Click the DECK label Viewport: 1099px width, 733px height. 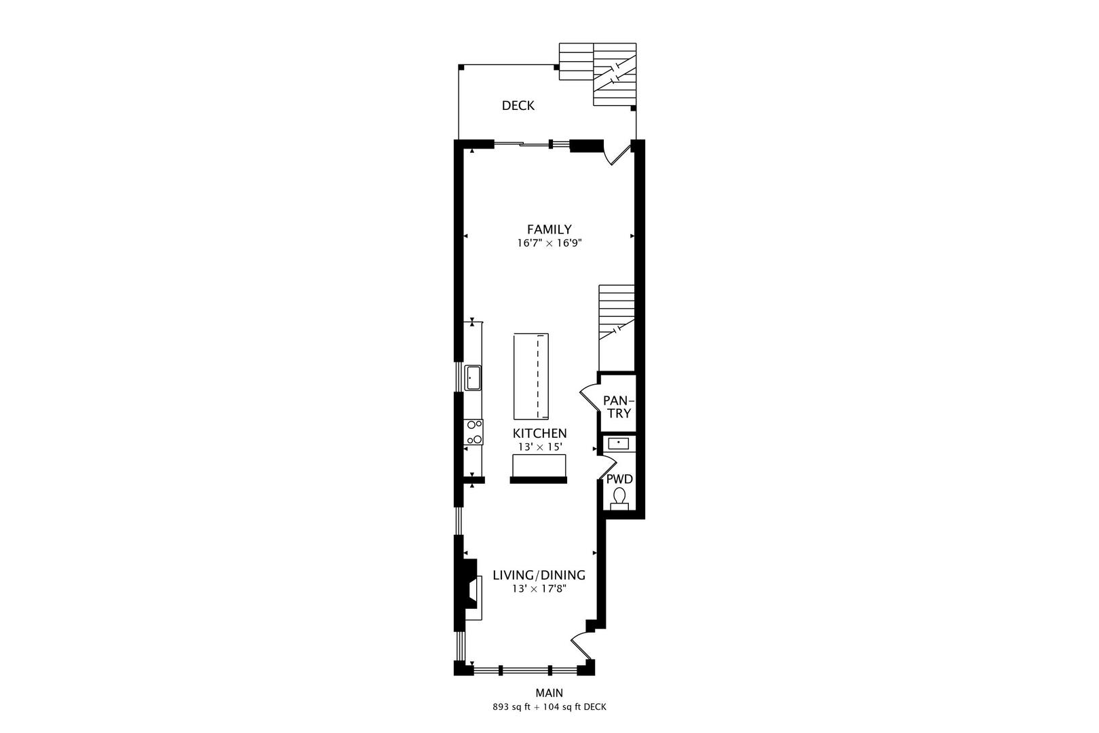pos(518,105)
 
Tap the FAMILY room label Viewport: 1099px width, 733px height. pos(549,229)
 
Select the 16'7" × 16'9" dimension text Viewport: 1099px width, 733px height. pos(549,242)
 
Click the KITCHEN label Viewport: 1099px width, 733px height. pos(539,433)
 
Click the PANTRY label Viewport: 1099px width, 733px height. pos(617,407)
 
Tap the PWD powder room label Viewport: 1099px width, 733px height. pos(619,479)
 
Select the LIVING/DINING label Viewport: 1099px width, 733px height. pos(539,576)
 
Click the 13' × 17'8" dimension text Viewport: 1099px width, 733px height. pos(539,588)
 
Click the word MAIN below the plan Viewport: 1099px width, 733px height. pos(549,693)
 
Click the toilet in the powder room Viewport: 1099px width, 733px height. pos(619,500)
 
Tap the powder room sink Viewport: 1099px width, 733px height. pos(619,443)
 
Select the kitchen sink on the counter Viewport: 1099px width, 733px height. pos(473,377)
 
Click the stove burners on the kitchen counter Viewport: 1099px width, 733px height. pos(474,432)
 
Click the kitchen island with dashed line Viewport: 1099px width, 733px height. pos(531,377)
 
